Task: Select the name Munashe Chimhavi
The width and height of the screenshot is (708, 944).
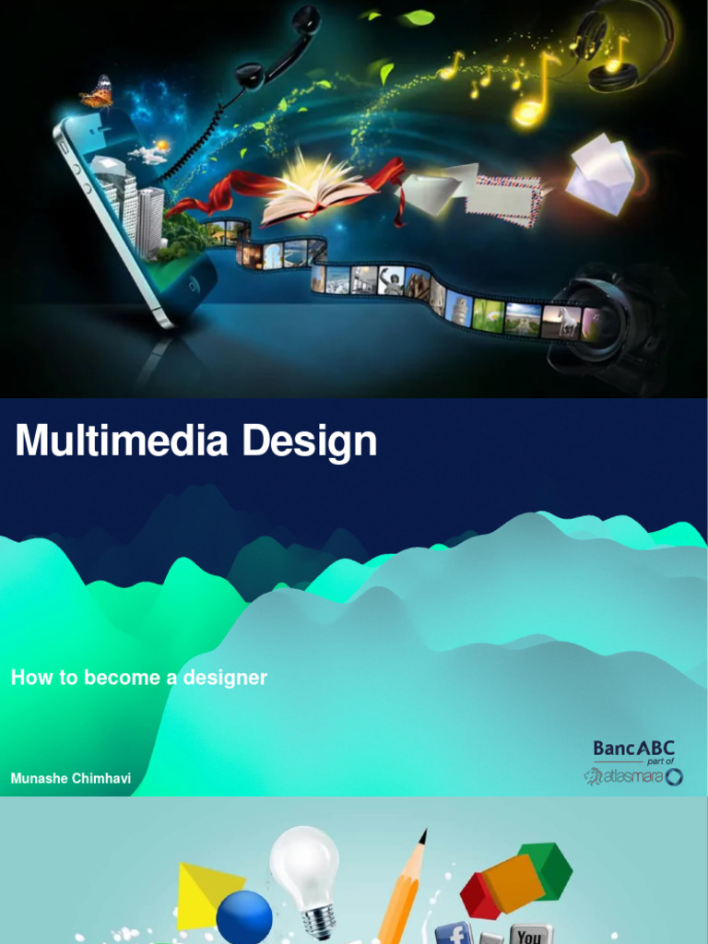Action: [71, 778]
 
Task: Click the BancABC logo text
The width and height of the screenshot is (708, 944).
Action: [633, 748]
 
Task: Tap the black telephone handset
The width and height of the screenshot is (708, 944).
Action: [277, 46]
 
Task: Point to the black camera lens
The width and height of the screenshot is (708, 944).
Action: [599, 323]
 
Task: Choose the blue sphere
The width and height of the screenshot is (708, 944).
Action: [244, 917]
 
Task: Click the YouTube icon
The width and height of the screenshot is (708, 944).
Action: [530, 934]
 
